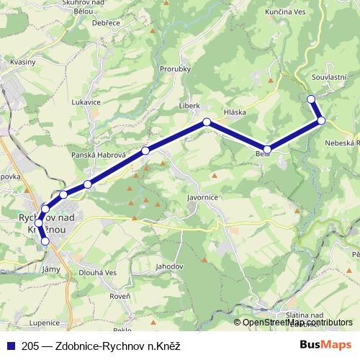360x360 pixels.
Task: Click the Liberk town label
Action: click(x=189, y=105)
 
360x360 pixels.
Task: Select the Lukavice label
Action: click(x=86, y=102)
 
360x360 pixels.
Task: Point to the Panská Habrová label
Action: click(x=99, y=156)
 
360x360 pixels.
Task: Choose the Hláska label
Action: click(x=235, y=113)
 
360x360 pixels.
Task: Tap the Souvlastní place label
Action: click(x=330, y=76)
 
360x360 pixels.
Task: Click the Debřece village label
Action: click(x=107, y=23)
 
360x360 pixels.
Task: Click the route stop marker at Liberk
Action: click(x=207, y=122)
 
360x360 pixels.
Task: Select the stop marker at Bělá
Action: click(x=267, y=149)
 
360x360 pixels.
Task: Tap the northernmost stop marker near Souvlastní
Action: click(x=311, y=99)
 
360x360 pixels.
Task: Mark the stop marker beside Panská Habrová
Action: click(x=145, y=150)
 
